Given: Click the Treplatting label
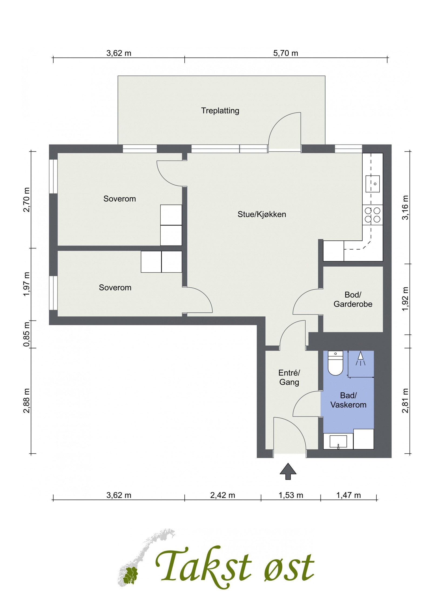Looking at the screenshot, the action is pos(220,111).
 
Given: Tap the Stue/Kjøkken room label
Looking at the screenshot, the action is pos(262,214).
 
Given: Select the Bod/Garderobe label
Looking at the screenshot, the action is pos(353,299).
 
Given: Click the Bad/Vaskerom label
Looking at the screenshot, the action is pos(348,400).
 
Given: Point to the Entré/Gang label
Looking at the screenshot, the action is pos(289,377).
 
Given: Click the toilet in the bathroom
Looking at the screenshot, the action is pos(335,363).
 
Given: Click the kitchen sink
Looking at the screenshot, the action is pos(373,184).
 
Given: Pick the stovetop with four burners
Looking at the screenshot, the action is pos(373,215).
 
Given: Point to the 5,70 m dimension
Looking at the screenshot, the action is pos(286,53).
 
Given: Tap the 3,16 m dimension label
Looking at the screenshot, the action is pos(406,208).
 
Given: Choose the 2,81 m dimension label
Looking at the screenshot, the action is pos(406,401).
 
